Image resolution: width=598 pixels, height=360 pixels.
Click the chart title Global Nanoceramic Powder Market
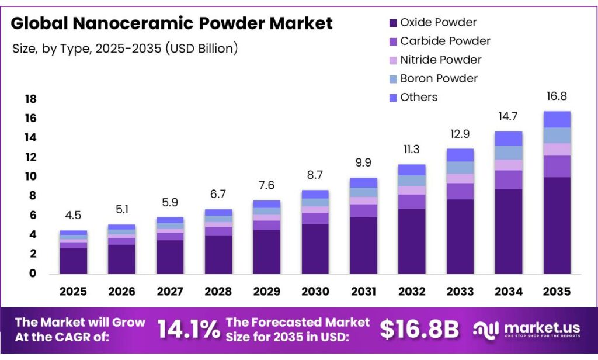click(x=172, y=23)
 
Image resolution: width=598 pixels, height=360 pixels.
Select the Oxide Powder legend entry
click(x=438, y=23)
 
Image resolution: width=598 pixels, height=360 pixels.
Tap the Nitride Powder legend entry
click(x=440, y=60)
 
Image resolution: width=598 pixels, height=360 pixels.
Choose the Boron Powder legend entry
click(x=439, y=78)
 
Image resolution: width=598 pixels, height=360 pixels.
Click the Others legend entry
click(x=418, y=97)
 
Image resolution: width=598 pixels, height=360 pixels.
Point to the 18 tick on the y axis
click(x=30, y=99)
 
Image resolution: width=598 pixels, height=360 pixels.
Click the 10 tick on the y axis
click(x=30, y=176)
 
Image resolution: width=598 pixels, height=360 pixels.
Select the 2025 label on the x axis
click(x=73, y=291)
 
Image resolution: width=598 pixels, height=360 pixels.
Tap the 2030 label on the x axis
click(x=315, y=291)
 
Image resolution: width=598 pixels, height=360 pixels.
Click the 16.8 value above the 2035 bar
click(x=556, y=96)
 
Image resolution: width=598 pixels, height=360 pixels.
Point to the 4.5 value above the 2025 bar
click(x=73, y=216)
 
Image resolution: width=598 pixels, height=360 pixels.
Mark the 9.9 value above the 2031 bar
click(x=363, y=163)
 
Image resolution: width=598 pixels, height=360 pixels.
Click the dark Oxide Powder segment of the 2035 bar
click(x=557, y=225)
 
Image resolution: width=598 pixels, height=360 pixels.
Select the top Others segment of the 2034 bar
click(x=508, y=139)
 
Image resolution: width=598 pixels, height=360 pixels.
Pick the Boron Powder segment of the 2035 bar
click(x=557, y=136)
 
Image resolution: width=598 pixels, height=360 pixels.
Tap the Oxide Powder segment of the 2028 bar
click(x=218, y=254)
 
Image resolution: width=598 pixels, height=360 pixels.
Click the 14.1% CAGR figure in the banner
click(x=189, y=330)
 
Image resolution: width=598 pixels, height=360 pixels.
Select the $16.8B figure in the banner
click(x=419, y=330)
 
